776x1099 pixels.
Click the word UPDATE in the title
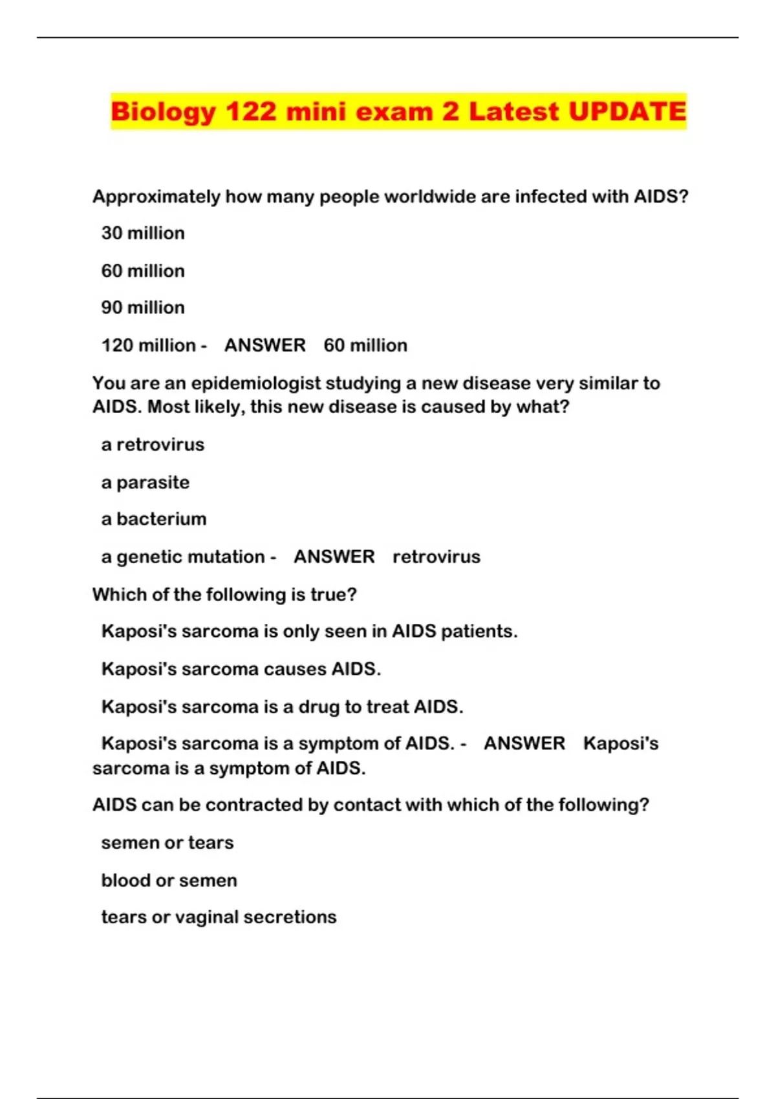point(627,111)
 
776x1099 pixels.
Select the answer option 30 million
point(143,233)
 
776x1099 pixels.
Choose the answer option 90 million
point(143,308)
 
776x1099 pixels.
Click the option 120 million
point(148,345)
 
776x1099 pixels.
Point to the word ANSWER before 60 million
point(265,345)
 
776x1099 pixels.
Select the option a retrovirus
point(153,445)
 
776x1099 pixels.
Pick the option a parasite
point(145,482)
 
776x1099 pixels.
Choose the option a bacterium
point(154,519)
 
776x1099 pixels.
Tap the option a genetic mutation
point(183,557)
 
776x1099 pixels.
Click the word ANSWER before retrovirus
point(334,557)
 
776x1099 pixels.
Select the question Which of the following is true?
point(224,595)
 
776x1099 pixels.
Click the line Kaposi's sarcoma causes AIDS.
point(241,669)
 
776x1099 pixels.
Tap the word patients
point(479,631)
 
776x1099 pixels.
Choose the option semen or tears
point(167,843)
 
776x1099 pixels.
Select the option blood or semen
point(169,880)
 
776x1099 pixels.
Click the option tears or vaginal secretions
point(219,917)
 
